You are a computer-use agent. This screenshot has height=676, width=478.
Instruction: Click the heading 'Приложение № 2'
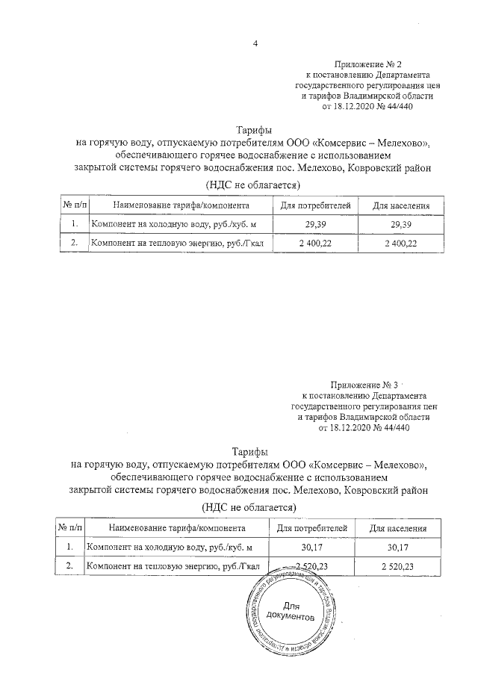pos(370,66)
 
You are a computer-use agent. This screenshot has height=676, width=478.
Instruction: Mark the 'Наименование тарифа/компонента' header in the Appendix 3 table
pos(172,528)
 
